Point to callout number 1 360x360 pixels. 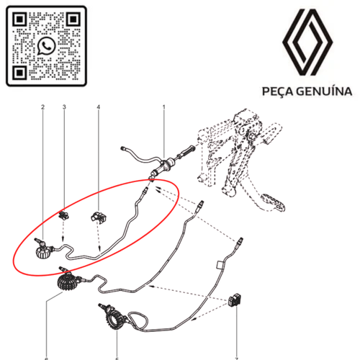[163, 109]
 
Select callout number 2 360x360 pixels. [43, 109]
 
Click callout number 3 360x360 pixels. [64, 109]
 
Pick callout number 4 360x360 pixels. [99, 109]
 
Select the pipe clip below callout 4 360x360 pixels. [97, 217]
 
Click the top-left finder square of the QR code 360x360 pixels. [19, 19]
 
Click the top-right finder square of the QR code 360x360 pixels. [73, 19]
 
